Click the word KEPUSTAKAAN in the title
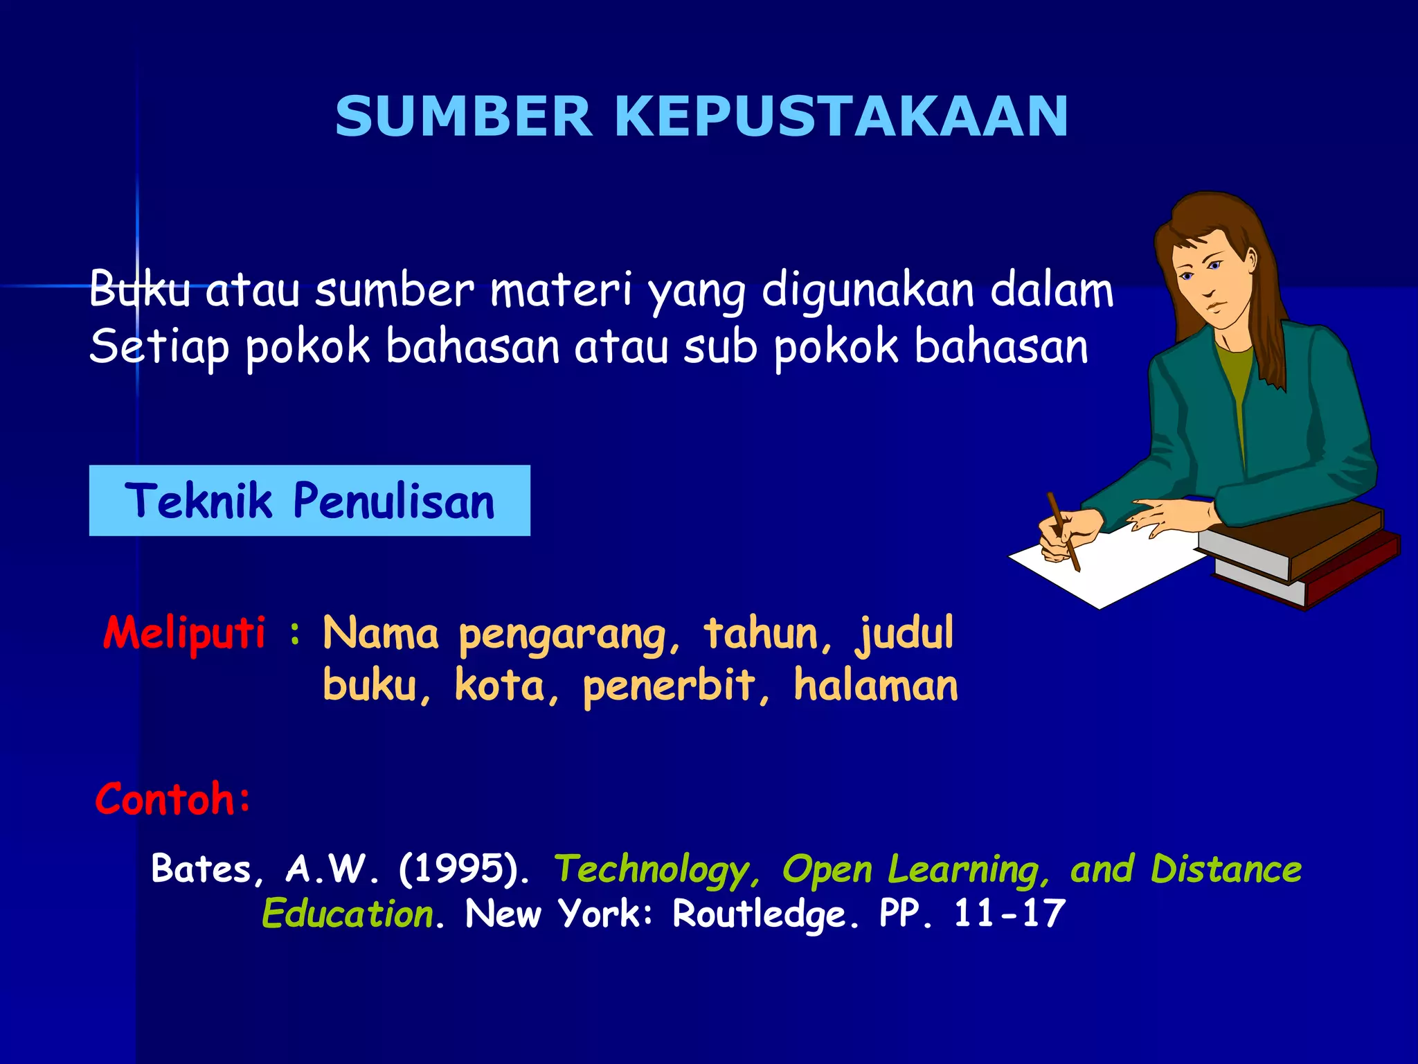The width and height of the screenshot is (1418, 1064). tap(841, 116)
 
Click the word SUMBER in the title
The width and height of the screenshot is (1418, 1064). tap(463, 116)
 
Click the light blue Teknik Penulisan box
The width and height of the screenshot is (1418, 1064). tap(309, 500)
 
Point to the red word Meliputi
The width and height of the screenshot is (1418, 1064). tap(184, 633)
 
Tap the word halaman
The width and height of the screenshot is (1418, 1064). tap(876, 686)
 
